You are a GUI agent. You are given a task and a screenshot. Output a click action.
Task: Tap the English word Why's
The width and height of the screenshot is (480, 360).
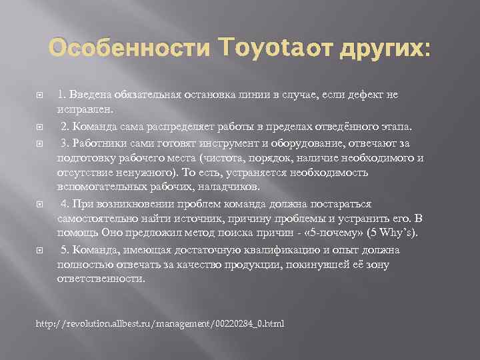pyautogui.click(x=397, y=233)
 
